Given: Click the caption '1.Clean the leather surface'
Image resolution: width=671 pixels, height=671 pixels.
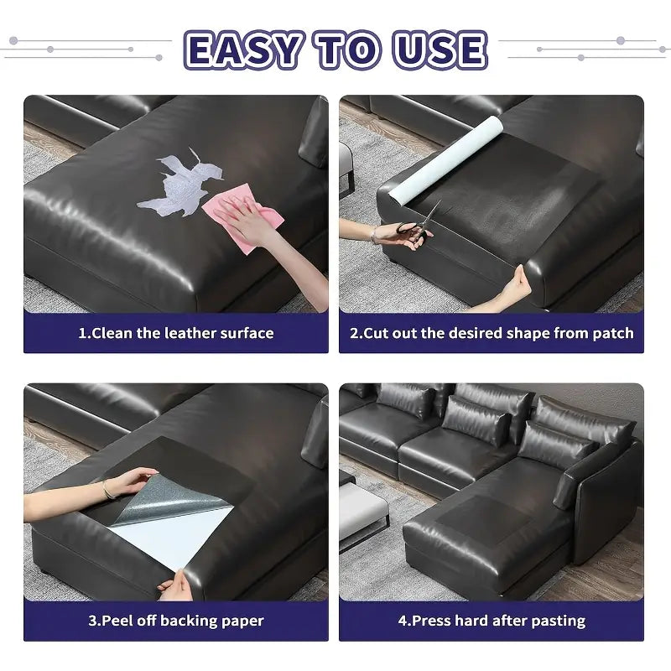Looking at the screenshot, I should pos(176,333).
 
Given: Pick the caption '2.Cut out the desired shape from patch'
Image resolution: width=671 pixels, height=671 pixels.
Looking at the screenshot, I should pos(492,333).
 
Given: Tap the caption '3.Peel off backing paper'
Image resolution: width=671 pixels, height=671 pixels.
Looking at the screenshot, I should pos(176,622).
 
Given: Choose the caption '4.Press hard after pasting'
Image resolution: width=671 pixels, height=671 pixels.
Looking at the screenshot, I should pos(492,622).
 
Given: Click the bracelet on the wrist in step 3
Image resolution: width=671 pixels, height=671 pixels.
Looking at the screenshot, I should pos(105,490).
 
